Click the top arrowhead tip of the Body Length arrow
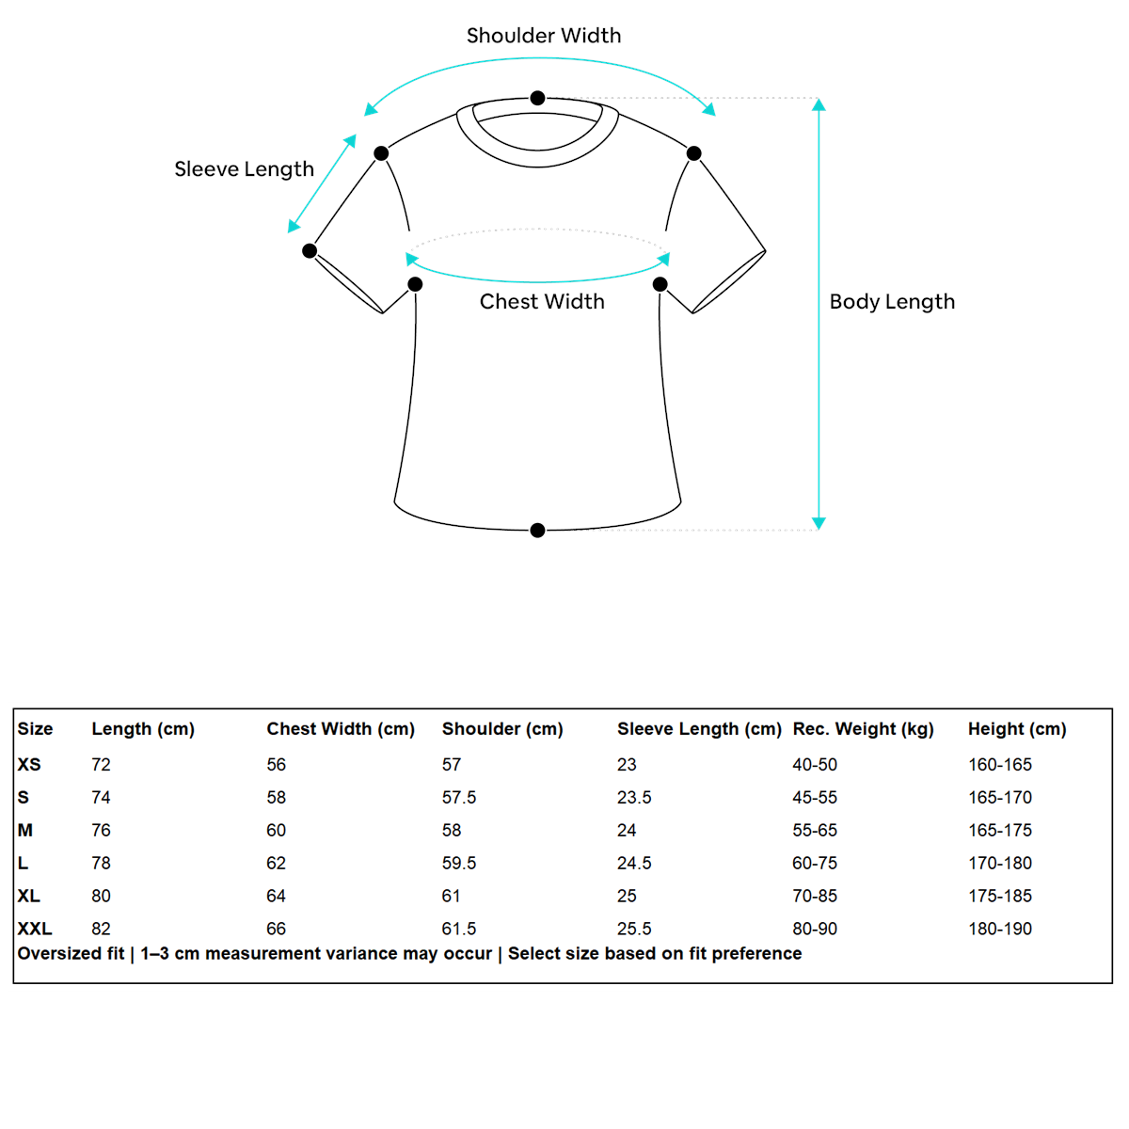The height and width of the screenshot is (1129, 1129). [819, 99]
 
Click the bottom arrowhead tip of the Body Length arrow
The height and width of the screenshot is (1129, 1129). [819, 530]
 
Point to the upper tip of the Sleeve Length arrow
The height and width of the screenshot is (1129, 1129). [356, 135]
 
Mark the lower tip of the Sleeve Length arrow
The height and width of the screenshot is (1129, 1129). [288, 233]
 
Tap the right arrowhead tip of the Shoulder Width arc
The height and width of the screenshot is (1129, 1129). [715, 116]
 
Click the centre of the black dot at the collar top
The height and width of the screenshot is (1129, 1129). [537, 98]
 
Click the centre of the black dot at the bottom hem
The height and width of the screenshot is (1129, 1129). [537, 531]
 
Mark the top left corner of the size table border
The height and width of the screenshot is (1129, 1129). [13, 708]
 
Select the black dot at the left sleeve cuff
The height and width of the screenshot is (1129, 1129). [310, 251]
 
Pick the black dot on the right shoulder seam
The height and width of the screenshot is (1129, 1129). [693, 153]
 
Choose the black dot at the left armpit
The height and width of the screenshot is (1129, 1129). [415, 284]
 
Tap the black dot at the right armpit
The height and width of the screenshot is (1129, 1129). [660, 284]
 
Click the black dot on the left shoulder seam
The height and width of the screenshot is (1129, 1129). [381, 153]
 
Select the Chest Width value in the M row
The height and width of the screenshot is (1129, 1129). [276, 830]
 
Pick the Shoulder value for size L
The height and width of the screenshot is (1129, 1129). [459, 863]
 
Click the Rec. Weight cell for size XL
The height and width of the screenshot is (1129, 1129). [815, 896]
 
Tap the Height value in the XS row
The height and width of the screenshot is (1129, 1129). [999, 764]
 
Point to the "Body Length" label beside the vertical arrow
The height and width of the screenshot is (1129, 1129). [892, 302]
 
